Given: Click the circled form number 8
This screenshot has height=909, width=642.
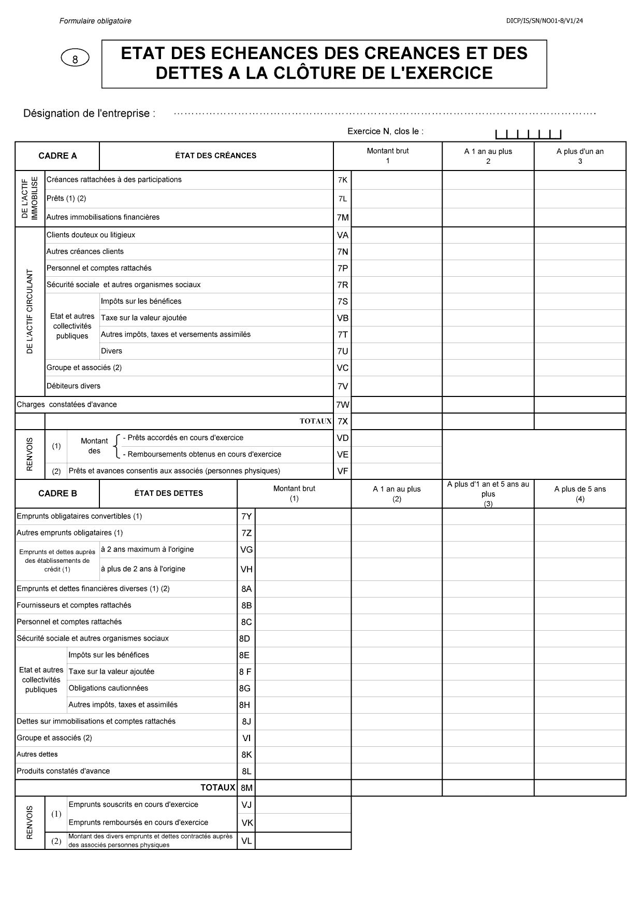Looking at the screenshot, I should [75, 59].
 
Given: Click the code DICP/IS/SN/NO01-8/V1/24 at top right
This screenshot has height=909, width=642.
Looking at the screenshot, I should [545, 21].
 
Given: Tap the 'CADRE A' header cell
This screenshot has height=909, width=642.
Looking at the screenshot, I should [57, 156].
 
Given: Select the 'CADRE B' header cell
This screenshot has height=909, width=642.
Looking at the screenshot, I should [57, 493].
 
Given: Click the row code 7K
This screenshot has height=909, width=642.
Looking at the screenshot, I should [342, 180].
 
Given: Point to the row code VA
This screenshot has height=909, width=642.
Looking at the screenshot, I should [342, 235].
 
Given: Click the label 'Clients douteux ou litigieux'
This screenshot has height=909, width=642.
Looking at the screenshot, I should [91, 235].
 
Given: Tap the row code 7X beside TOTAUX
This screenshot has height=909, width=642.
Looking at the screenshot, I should [342, 421].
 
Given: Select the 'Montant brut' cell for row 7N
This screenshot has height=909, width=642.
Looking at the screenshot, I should [397, 252].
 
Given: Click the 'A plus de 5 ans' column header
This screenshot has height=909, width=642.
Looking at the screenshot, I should [580, 493].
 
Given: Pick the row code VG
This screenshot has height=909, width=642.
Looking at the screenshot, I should [246, 550].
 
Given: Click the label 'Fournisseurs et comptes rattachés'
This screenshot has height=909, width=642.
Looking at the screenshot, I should [74, 605].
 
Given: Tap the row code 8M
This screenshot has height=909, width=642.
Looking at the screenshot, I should [246, 788].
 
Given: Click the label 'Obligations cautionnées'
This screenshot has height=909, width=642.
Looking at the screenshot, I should [108, 688].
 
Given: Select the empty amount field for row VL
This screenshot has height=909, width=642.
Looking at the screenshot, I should [303, 841].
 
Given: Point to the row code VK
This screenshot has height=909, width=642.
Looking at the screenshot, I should [247, 822].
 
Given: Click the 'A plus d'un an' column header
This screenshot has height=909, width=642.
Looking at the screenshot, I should [580, 156].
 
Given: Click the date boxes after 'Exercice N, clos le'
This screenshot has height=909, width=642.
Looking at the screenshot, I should [528, 134].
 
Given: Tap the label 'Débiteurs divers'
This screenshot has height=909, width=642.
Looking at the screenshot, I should [74, 386].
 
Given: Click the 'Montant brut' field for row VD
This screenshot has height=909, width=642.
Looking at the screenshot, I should [397, 438].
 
